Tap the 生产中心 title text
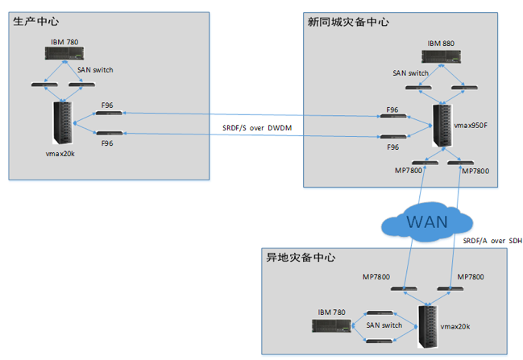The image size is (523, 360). coord(36,21)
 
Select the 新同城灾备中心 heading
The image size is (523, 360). coord(348,22)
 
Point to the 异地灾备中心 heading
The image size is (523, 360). coord(301,258)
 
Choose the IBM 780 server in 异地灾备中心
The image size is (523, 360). coord(332,326)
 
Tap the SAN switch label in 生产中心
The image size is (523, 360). coord(95,70)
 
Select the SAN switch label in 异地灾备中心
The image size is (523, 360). coord(384,325)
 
